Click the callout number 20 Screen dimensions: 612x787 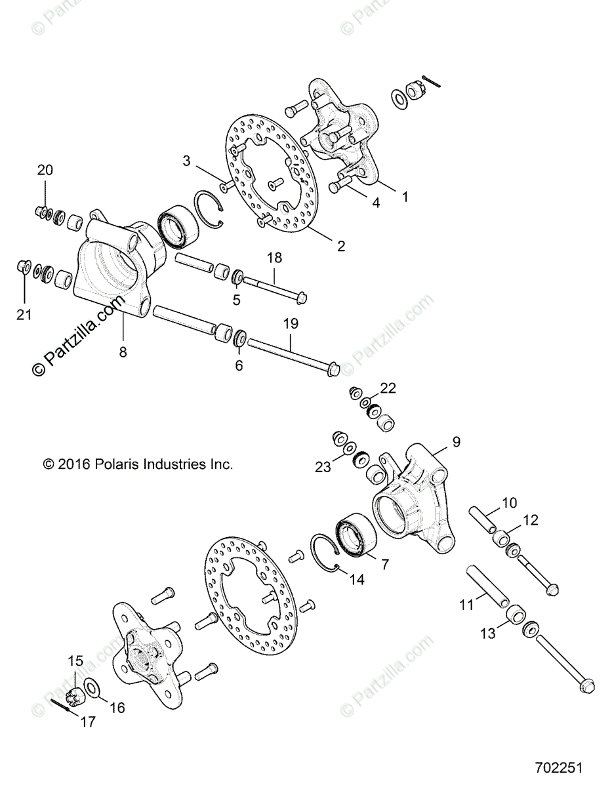(x=45, y=171)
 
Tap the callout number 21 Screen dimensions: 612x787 (x=24, y=315)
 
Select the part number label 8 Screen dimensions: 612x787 (x=123, y=352)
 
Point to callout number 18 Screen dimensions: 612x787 (x=274, y=258)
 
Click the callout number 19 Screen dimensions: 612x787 (x=291, y=323)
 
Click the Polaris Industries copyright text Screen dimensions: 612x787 (x=138, y=464)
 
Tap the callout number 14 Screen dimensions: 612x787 (x=356, y=580)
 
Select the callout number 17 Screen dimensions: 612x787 (x=87, y=721)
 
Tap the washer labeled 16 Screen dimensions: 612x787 (x=92, y=687)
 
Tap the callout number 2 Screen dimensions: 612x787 (x=341, y=247)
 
